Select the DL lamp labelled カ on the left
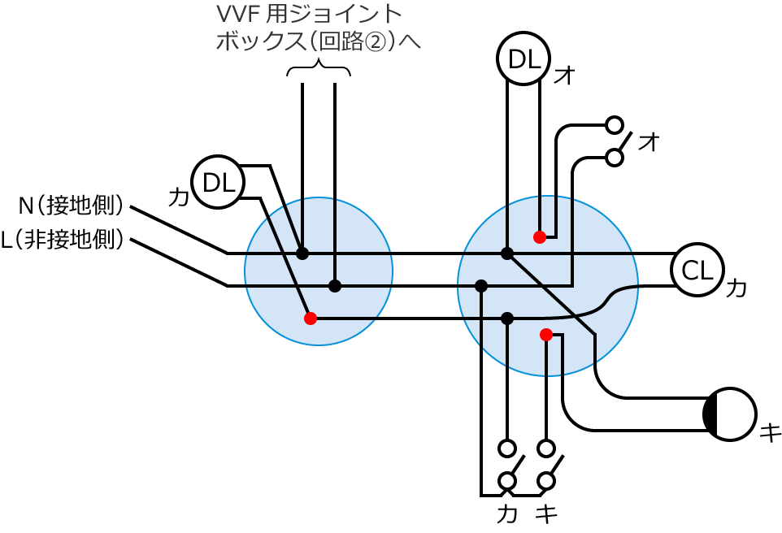(x=217, y=182)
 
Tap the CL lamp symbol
(x=696, y=270)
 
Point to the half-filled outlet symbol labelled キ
(x=730, y=414)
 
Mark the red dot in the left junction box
(x=310, y=318)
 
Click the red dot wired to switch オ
(x=539, y=236)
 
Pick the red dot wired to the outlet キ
(x=546, y=334)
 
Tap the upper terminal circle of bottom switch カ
(x=507, y=448)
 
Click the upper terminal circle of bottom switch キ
(x=546, y=448)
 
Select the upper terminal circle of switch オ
(x=615, y=125)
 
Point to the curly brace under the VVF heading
(x=319, y=70)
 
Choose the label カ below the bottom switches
(x=506, y=513)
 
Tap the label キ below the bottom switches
(x=546, y=513)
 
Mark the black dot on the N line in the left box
(x=302, y=253)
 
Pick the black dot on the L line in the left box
(x=335, y=286)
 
